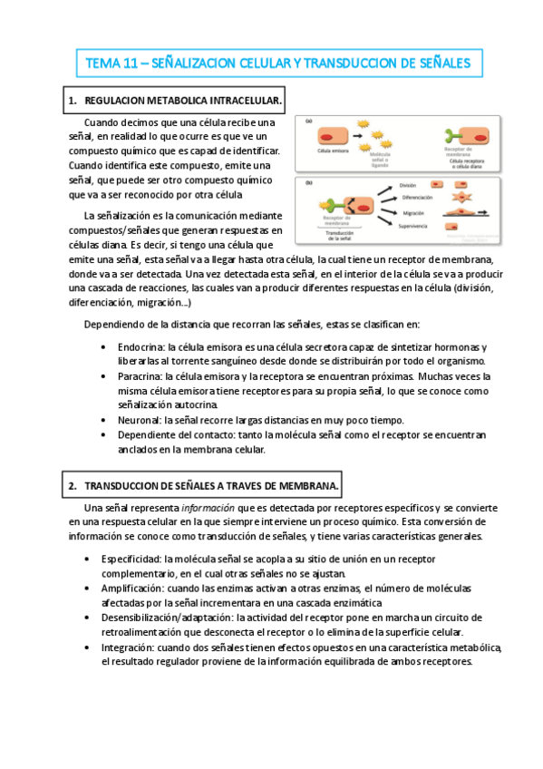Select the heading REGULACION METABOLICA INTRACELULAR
coord(182,101)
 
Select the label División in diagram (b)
coord(411,185)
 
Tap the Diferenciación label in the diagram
coord(417,198)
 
